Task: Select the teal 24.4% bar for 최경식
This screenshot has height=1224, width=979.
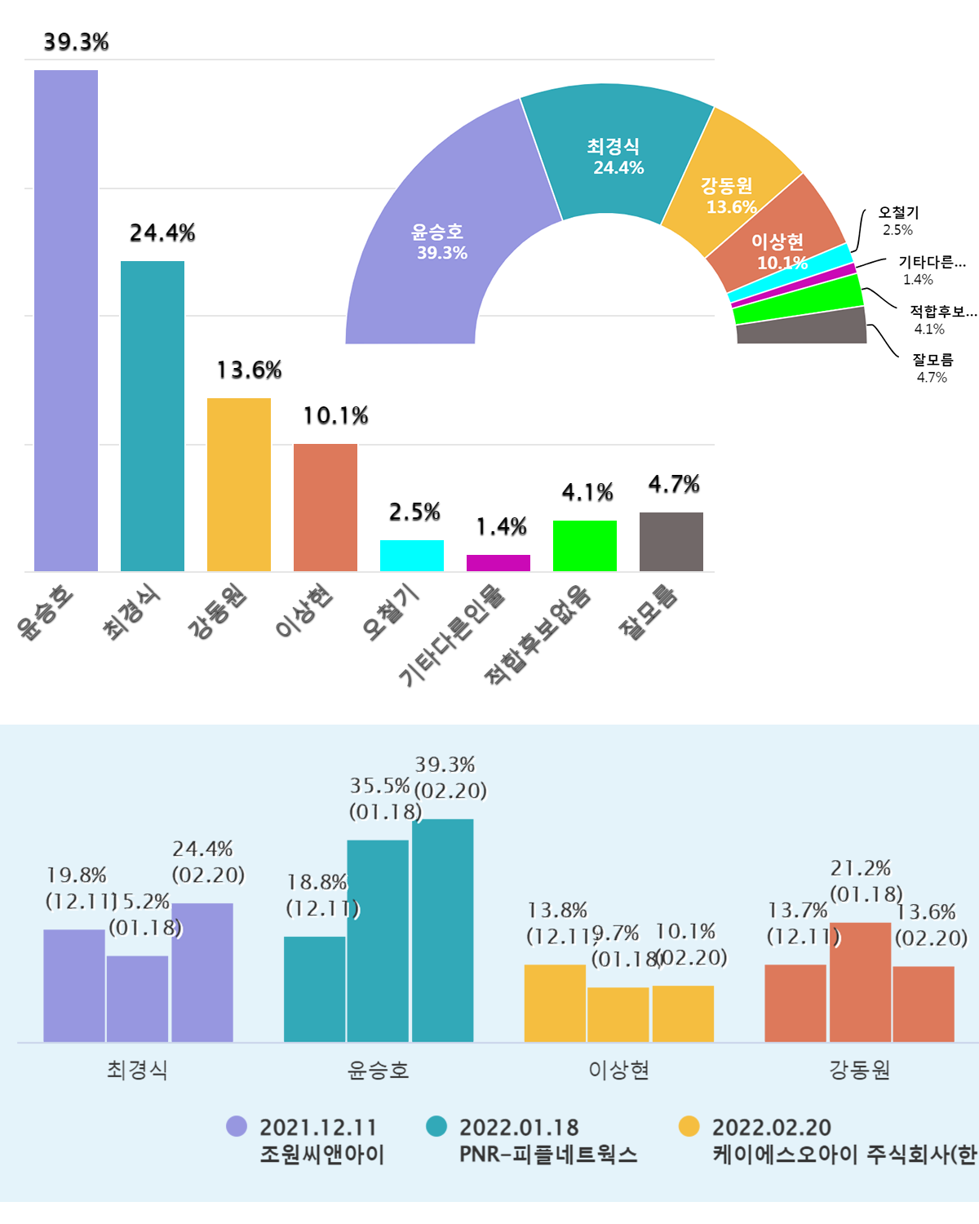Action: (153, 415)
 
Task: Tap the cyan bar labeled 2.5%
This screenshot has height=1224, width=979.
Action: (412, 556)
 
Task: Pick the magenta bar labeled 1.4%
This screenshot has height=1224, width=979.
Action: (498, 563)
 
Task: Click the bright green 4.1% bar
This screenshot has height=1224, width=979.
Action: (585, 546)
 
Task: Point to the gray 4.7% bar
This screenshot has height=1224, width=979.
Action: (671, 542)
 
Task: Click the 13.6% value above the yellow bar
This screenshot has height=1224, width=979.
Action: (249, 370)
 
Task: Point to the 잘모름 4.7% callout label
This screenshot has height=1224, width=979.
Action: (932, 368)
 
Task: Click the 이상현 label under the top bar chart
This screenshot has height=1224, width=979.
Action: (303, 611)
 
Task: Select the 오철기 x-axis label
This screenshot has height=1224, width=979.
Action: (391, 613)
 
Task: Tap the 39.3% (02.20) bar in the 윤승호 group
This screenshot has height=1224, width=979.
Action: (442, 930)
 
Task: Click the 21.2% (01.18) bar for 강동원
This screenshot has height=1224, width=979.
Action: (860, 982)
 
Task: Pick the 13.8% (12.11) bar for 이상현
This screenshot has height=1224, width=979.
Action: (555, 1003)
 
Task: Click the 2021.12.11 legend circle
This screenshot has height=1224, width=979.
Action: (237, 1126)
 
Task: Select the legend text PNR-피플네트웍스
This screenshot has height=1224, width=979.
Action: (548, 1155)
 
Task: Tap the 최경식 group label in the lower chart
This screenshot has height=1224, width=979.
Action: (137, 1070)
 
